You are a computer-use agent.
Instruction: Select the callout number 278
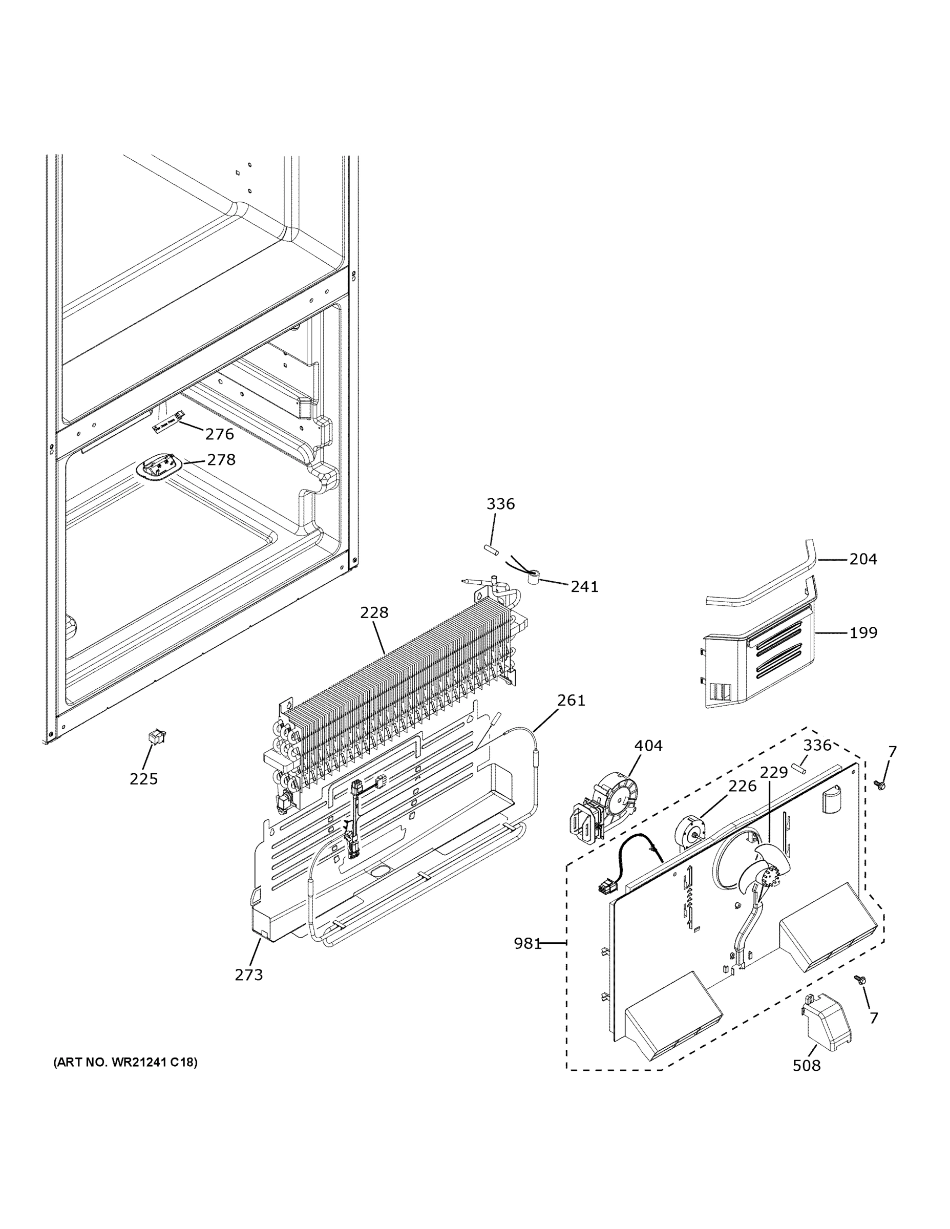(x=221, y=460)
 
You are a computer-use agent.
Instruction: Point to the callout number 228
(x=374, y=612)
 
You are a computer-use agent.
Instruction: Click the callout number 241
(x=584, y=587)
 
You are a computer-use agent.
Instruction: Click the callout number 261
(x=571, y=700)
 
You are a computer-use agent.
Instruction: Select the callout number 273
(x=249, y=974)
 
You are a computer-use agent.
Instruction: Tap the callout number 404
(x=648, y=746)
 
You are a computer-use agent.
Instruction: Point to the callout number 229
(x=774, y=773)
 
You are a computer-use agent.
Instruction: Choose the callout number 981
(x=527, y=944)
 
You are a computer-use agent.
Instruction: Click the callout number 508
(x=807, y=1065)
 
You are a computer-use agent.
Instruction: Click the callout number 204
(x=863, y=559)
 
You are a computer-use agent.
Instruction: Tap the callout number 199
(x=863, y=632)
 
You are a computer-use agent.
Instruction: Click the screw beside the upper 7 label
(x=879, y=783)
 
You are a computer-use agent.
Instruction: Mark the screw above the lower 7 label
(x=859, y=980)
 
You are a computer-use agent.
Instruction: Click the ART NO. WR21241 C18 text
(x=125, y=1063)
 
